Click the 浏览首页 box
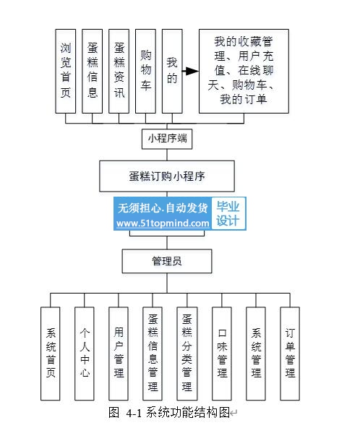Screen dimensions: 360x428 [66, 72]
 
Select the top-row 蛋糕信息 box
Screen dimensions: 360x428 [93, 72]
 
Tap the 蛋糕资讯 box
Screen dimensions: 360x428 [119, 72]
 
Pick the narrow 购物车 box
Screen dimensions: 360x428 [145, 72]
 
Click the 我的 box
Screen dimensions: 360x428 [172, 72]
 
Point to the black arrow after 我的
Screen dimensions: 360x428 [191, 72]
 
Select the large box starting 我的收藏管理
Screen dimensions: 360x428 [244, 72]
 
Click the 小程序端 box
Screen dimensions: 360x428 [167, 139]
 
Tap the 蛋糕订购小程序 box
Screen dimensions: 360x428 [167, 176]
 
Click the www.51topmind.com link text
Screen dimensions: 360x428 [163, 223]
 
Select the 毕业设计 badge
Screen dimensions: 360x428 [228, 213]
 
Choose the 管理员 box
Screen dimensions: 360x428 [167, 261]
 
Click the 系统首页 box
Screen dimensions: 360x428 [51, 354]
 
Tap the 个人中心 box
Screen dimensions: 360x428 [85, 354]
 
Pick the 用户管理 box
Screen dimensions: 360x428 [119, 354]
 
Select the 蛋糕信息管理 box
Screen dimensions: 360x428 [153, 354]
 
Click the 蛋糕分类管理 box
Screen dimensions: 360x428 [187, 354]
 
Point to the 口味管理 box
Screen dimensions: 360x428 [222, 354]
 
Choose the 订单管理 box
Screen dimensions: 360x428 [290, 354]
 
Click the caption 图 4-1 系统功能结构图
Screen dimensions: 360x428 [169, 412]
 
